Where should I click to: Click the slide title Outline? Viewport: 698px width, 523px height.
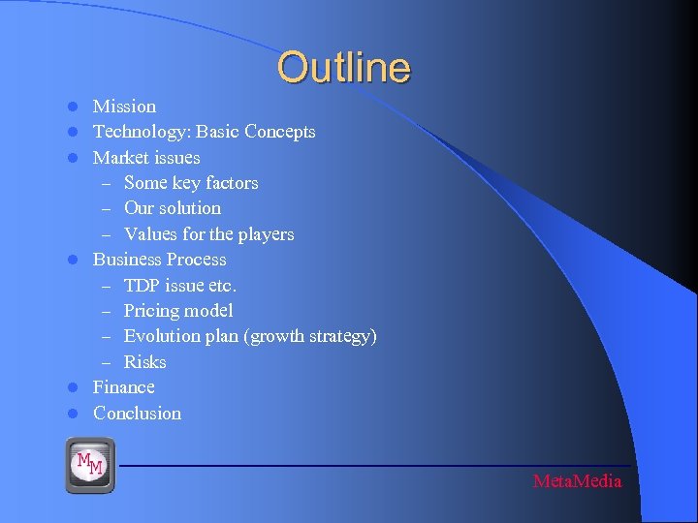tap(343, 68)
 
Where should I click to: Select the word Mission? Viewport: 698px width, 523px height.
tap(124, 107)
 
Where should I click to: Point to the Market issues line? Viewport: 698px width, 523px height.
tap(146, 157)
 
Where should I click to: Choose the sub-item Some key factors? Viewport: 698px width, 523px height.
tap(191, 183)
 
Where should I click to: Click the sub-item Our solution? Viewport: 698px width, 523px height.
tap(173, 208)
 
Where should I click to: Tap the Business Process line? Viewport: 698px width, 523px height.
tap(159, 260)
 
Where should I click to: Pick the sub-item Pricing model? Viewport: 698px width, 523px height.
tap(178, 311)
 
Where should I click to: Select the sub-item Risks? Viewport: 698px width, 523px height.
tap(145, 362)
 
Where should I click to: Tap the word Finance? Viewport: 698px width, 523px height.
tap(124, 387)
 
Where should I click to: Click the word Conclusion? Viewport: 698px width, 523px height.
tap(137, 414)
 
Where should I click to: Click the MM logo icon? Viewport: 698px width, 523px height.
tap(90, 464)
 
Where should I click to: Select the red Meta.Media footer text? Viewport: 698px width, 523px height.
tap(578, 481)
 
